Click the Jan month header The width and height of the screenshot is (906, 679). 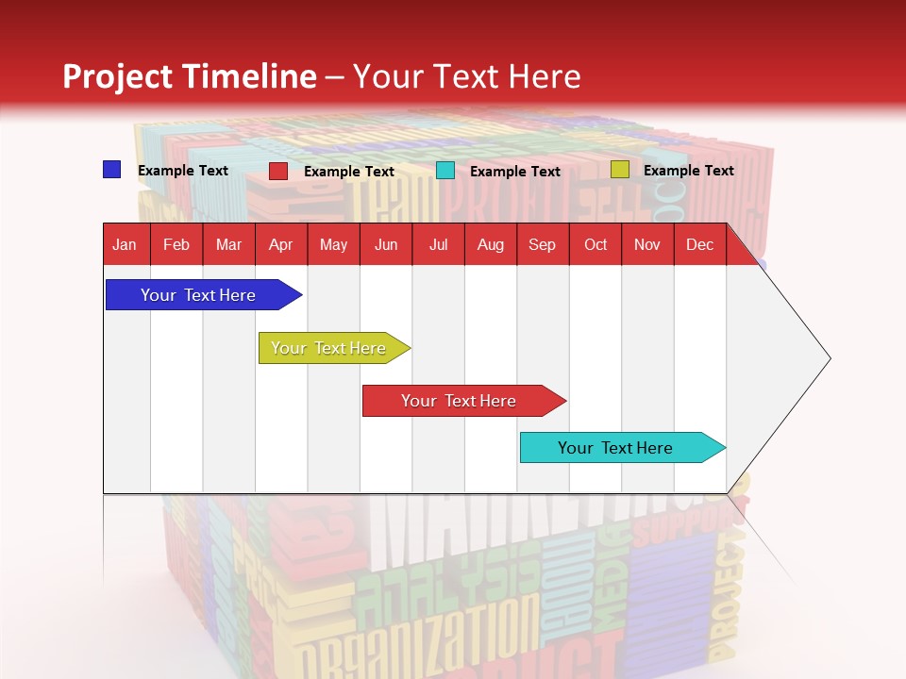click(x=125, y=245)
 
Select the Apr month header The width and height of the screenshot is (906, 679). click(x=280, y=245)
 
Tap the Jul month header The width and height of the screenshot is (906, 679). click(x=438, y=245)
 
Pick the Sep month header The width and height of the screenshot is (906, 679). click(x=542, y=245)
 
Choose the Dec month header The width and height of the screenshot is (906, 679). click(x=699, y=245)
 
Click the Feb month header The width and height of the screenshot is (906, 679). click(x=176, y=245)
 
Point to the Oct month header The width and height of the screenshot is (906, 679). click(x=596, y=245)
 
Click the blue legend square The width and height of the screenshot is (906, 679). click(x=112, y=170)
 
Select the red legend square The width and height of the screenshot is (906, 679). click(x=278, y=171)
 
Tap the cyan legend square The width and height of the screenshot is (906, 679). click(x=445, y=171)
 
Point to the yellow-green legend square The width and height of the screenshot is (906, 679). click(x=620, y=170)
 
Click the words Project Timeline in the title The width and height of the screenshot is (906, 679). click(x=189, y=76)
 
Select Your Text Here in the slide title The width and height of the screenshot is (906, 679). click(x=467, y=76)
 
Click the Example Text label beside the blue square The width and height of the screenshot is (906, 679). click(x=183, y=171)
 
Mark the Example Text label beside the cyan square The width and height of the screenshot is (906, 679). click(x=515, y=172)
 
